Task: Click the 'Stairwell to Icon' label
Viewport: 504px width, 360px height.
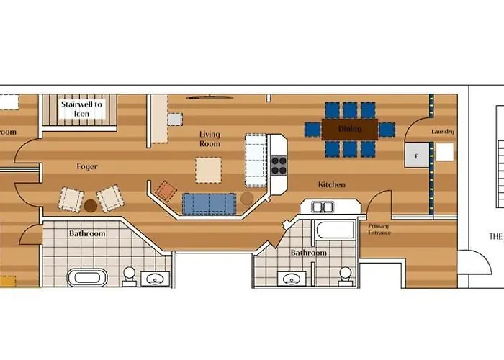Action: [x=81, y=109]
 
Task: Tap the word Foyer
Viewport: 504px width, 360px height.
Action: [x=87, y=167]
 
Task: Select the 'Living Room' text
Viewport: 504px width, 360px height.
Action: [x=210, y=139]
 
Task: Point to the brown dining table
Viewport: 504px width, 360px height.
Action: [x=350, y=130]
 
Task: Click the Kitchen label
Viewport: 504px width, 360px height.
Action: [x=332, y=185]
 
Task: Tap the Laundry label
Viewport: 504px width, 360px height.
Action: [x=444, y=132]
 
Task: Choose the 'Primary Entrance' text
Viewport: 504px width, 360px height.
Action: [x=378, y=230]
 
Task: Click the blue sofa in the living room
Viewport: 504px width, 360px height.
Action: [x=209, y=204]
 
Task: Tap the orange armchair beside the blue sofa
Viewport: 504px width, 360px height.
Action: [x=166, y=191]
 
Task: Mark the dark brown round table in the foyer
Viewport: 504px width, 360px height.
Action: [x=91, y=206]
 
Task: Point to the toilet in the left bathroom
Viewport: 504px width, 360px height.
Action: [x=130, y=274]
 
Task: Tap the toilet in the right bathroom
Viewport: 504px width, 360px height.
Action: [x=346, y=274]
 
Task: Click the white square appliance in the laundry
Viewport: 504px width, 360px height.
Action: [x=445, y=152]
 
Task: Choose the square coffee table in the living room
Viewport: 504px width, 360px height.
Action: [x=209, y=171]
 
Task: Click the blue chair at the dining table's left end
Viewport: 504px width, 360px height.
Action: [x=312, y=130]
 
